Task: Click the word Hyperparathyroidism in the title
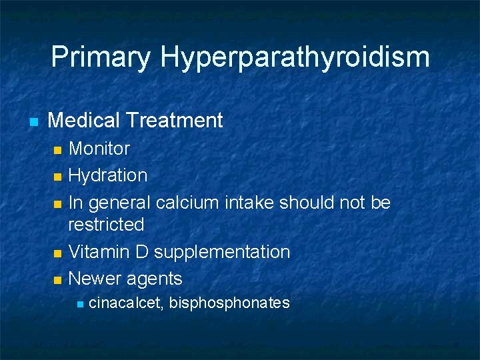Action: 295,57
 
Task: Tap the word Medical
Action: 83,121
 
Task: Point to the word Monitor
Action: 99,148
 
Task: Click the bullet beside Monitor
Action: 57,149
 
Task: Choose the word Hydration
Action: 108,175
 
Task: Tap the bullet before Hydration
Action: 57,177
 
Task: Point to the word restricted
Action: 106,225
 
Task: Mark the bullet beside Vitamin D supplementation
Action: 57,253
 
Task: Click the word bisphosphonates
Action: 229,303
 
